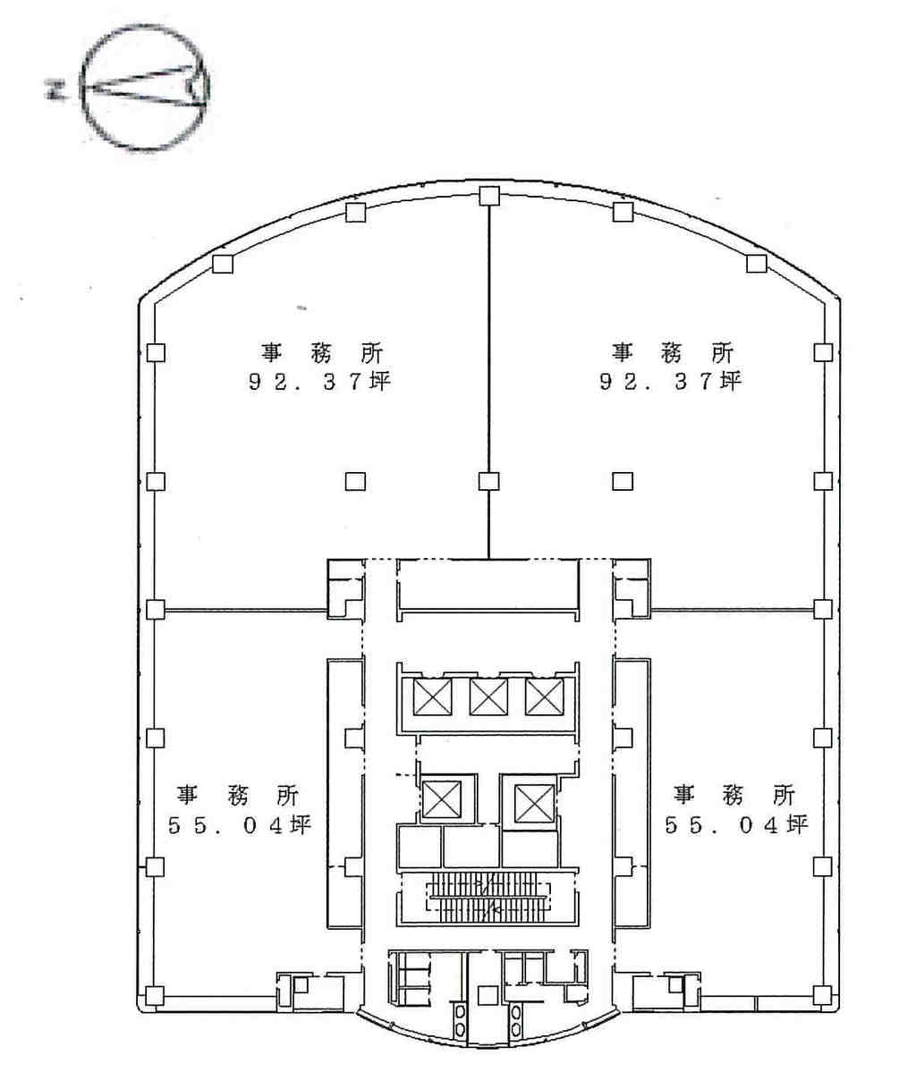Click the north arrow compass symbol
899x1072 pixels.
click(x=144, y=87)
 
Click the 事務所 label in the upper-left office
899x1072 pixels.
click(x=321, y=353)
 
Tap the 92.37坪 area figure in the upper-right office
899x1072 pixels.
click(x=670, y=381)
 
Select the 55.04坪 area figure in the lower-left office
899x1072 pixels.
click(x=240, y=824)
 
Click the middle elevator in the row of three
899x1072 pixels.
click(x=488, y=697)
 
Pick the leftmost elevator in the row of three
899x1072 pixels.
click(x=432, y=697)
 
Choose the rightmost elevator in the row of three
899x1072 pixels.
click(x=544, y=697)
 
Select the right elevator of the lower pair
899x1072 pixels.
click(x=534, y=803)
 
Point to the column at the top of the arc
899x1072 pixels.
click(x=488, y=196)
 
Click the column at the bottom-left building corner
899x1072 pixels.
click(x=156, y=995)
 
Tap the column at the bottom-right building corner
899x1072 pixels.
click(x=823, y=995)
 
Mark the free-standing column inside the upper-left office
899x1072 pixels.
click(x=355, y=481)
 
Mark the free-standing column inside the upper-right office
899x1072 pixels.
click(x=622, y=481)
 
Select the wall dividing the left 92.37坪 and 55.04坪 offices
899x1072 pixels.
click(x=246, y=610)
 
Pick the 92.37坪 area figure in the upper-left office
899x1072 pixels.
click(x=318, y=381)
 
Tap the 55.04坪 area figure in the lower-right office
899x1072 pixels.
click(x=736, y=824)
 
